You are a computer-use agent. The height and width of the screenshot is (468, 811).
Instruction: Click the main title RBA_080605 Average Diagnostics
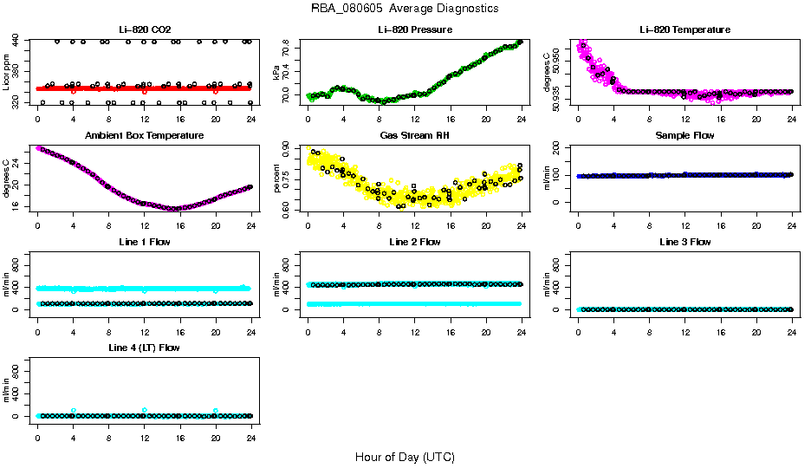click(x=405, y=9)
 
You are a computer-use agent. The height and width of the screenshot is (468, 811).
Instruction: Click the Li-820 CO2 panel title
click(x=144, y=29)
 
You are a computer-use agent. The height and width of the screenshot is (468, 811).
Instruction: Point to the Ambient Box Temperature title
click(x=144, y=136)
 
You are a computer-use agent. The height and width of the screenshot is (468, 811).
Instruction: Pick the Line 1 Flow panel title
click(x=144, y=242)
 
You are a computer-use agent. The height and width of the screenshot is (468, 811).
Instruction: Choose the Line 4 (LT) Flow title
click(x=144, y=348)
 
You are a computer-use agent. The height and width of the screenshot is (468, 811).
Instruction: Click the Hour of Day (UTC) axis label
click(x=405, y=457)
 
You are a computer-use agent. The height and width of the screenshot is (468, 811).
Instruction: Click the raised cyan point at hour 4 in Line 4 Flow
click(x=74, y=410)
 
